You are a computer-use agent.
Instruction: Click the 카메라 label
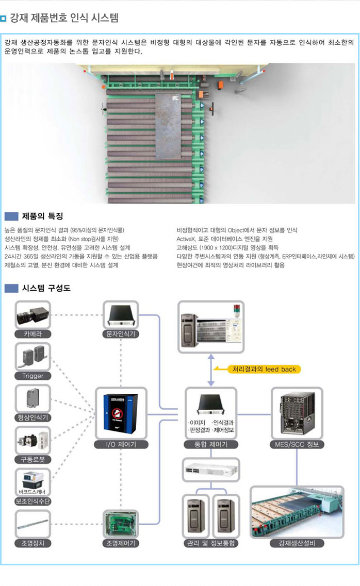point(33,334)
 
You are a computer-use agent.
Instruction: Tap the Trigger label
point(33,376)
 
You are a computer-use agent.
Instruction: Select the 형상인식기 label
point(33,417)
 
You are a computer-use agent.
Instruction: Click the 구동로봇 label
point(33,459)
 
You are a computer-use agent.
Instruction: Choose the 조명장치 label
point(33,543)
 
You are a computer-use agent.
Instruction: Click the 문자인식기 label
point(121,334)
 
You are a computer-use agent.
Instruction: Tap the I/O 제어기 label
point(121,444)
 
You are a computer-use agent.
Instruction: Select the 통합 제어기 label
point(211,444)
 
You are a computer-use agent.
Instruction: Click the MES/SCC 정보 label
point(297,444)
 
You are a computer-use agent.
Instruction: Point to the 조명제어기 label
point(121,543)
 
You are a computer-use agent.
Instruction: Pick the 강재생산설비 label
point(297,543)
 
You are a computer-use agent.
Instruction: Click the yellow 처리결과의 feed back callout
point(264,369)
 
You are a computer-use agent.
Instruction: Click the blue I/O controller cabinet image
point(121,414)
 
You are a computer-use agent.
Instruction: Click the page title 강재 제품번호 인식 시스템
point(64,19)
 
